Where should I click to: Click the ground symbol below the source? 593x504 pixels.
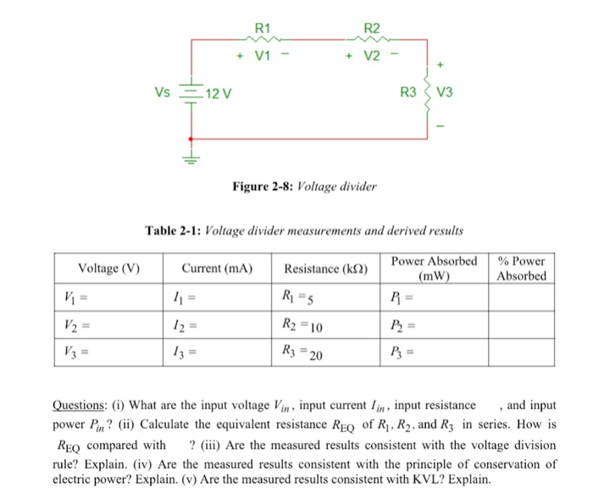click(x=191, y=158)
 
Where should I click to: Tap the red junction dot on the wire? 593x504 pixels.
click(x=191, y=137)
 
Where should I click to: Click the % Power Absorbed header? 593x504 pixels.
click(x=522, y=269)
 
